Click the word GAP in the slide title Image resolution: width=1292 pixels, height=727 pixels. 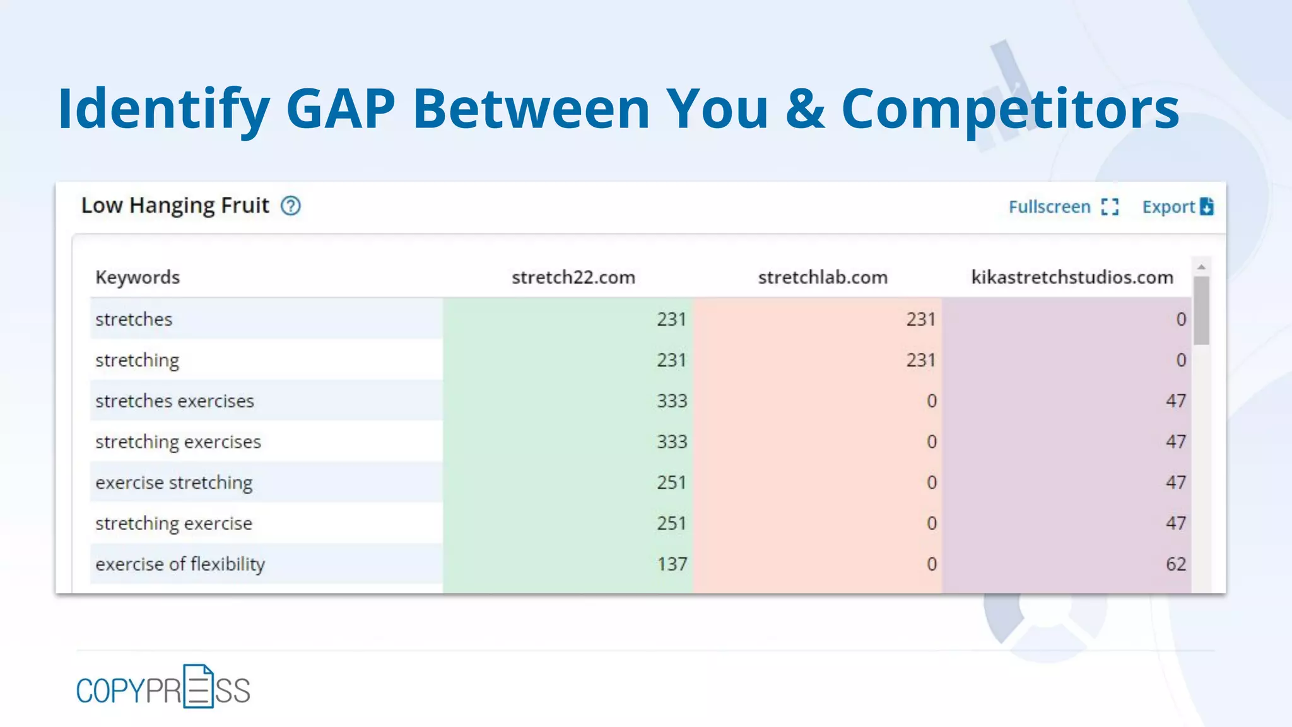[341, 109]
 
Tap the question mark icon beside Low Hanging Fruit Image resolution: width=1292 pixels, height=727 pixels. [291, 206]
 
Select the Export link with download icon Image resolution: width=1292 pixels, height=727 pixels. [1177, 207]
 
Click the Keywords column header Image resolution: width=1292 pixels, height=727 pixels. [138, 278]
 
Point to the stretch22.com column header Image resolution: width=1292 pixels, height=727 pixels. [573, 278]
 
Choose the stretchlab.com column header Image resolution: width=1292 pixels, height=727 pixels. [823, 278]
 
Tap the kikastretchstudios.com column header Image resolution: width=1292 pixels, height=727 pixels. [1072, 278]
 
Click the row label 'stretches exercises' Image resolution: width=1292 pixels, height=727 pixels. [175, 401]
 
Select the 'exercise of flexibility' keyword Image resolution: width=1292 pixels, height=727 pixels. [180, 564]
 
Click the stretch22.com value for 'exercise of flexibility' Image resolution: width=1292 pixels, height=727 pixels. [671, 564]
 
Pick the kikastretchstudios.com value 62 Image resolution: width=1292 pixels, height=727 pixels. [1175, 564]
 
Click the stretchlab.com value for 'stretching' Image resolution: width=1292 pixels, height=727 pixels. [920, 360]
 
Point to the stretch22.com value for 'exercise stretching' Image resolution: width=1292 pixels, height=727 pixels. [671, 483]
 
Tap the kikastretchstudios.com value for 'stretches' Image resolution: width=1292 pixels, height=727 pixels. [1181, 319]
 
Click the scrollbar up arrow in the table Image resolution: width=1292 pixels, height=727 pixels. [1201, 267]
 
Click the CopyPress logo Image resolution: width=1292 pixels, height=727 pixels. [163, 688]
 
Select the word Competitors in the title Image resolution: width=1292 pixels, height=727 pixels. [1010, 109]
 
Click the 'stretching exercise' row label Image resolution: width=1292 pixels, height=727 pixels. [173, 524]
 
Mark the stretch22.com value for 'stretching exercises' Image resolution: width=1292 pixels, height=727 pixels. [671, 442]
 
